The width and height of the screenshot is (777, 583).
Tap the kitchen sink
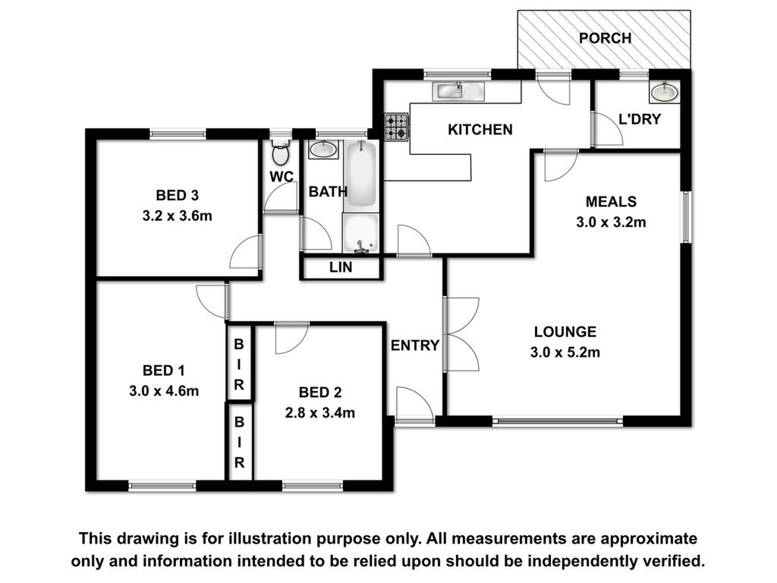pos(458,91)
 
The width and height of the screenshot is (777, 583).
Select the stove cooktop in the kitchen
pos(396,127)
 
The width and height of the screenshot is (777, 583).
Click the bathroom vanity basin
pos(323,149)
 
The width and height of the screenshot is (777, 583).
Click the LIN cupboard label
pos(341,268)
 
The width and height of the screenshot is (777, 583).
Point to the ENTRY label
pos(415,346)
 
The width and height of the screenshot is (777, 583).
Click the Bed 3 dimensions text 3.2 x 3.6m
pos(177,216)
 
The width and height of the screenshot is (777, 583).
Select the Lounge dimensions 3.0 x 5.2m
pos(565,352)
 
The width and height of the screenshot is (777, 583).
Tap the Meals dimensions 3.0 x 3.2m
pos(611,223)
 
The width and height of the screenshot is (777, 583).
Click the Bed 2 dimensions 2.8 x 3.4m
pos(320,413)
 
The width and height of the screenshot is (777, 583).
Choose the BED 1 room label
pos(164,371)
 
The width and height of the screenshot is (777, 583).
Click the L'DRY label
pos(640,119)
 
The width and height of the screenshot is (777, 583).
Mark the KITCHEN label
pos(480,130)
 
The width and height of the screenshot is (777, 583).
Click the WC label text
pos(282,177)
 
